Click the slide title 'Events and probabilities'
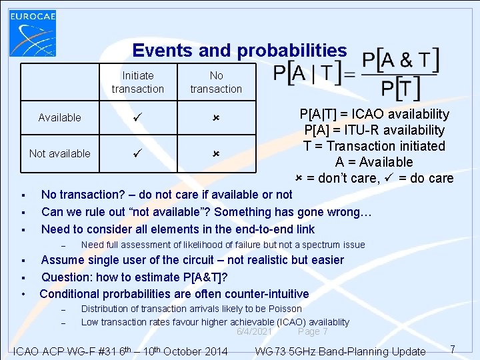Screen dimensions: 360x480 pyautogui.click(x=239, y=51)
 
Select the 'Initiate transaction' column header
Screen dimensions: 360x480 pyautogui.click(x=138, y=82)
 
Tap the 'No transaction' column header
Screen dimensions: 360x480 pyautogui.click(x=216, y=82)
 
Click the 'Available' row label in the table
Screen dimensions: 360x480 pyautogui.click(x=60, y=117)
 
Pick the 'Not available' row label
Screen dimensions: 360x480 pyautogui.click(x=60, y=153)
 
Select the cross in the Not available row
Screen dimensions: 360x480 pyautogui.click(x=216, y=153)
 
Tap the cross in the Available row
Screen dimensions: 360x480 pyautogui.click(x=216, y=117)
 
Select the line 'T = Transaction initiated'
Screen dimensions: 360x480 pyautogui.click(x=374, y=146)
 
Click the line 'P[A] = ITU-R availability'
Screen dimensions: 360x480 pyautogui.click(x=374, y=130)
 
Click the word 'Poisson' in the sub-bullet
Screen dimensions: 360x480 pyautogui.click(x=285, y=309)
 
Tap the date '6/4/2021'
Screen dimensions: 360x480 pyautogui.click(x=254, y=331)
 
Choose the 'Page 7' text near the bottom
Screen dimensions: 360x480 pyautogui.click(x=313, y=331)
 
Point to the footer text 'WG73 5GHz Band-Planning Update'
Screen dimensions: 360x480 pyautogui.click(x=341, y=351)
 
